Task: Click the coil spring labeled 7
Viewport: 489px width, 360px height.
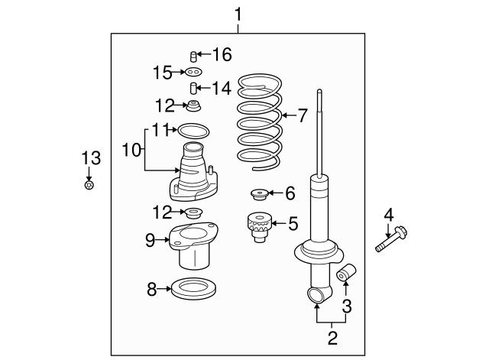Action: (261, 122)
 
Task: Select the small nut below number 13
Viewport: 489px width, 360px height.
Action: (89, 186)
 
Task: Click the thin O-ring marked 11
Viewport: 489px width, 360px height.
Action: (192, 131)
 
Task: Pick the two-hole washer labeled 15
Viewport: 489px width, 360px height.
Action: (194, 73)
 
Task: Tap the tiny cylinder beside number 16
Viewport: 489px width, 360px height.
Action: (193, 55)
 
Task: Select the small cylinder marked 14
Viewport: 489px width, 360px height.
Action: (194, 88)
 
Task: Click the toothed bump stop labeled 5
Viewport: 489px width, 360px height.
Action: (260, 225)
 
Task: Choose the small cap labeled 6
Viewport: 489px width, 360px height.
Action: (261, 193)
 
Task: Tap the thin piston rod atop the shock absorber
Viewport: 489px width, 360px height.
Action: (321, 134)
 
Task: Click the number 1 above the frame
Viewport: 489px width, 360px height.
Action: (238, 15)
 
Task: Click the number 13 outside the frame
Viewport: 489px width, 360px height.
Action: (91, 158)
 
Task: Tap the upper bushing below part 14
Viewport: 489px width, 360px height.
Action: (196, 105)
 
